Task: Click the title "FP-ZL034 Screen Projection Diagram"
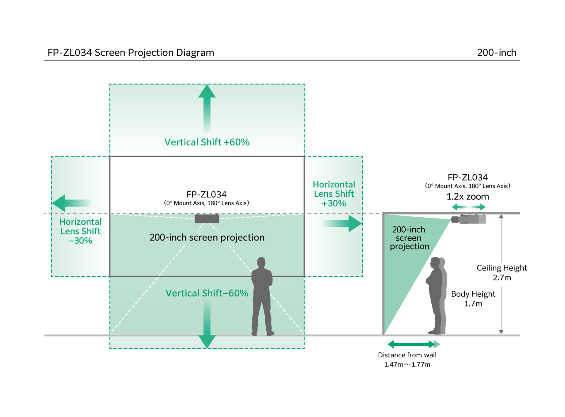131,53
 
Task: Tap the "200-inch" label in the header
497,53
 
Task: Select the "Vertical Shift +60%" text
207,142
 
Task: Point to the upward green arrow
207,109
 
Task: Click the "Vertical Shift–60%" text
207,293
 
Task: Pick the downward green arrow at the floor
207,324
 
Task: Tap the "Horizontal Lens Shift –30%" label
80,231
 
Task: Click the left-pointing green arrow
72,203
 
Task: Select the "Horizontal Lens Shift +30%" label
334,194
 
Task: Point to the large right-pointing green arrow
342,223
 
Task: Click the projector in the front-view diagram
207,218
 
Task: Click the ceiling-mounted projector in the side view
468,219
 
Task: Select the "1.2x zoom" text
467,197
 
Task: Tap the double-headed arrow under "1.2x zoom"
468,207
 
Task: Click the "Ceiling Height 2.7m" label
502,273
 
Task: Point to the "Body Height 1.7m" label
473,299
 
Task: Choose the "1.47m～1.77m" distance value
407,364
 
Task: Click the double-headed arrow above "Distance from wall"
414,344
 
